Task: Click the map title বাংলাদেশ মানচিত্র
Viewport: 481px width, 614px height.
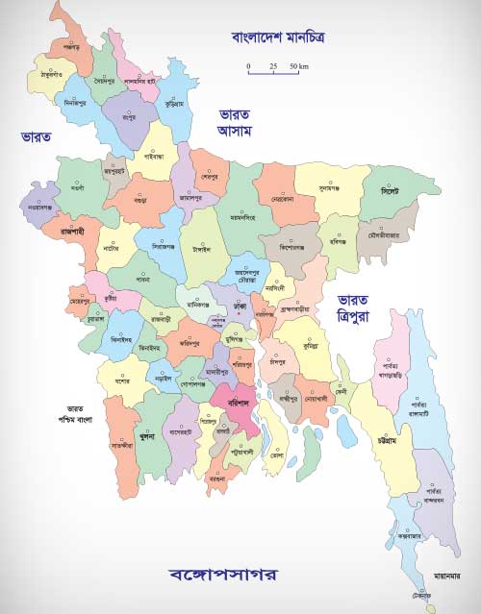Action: pos(279,38)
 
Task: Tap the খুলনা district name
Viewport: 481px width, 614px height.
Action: pos(147,435)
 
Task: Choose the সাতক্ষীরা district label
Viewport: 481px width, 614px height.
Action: pos(121,446)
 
